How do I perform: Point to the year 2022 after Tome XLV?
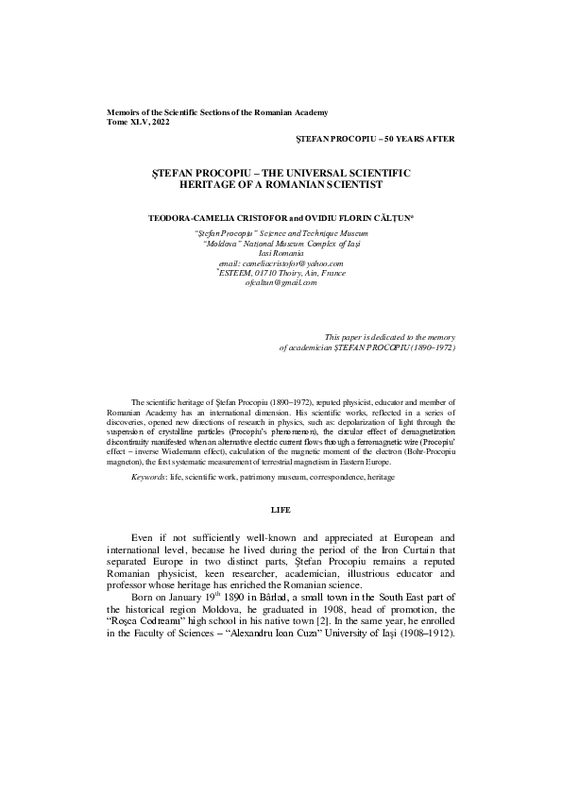[x=161, y=122]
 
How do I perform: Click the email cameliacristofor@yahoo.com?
[x=281, y=263]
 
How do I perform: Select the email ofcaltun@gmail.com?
[x=281, y=282]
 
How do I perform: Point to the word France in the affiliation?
[x=333, y=273]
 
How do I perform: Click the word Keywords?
[x=148, y=479]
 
